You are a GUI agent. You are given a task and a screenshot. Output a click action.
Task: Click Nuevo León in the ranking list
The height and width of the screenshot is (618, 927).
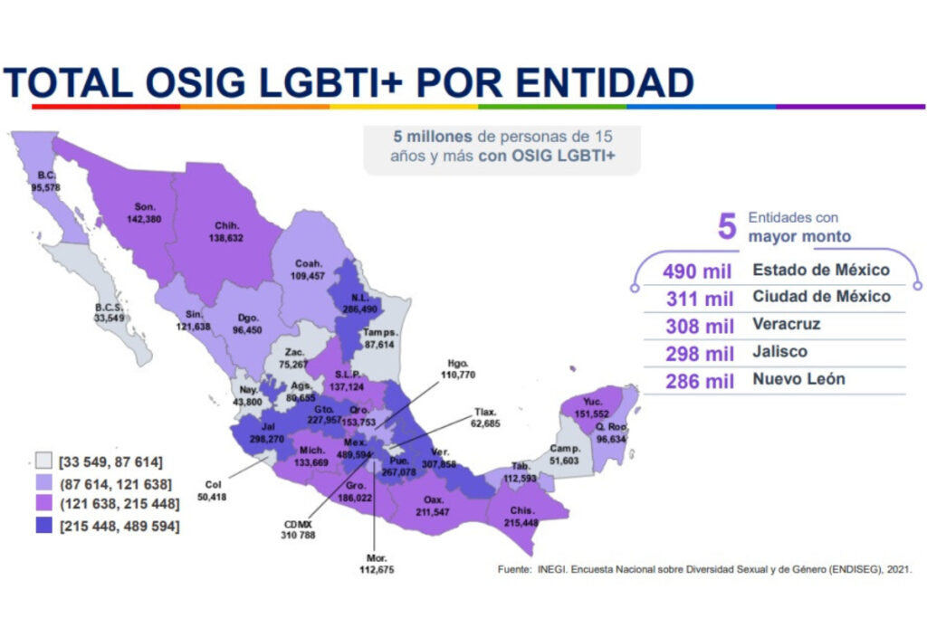click(798, 378)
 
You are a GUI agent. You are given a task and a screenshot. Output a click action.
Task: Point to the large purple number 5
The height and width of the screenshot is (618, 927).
click(726, 226)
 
